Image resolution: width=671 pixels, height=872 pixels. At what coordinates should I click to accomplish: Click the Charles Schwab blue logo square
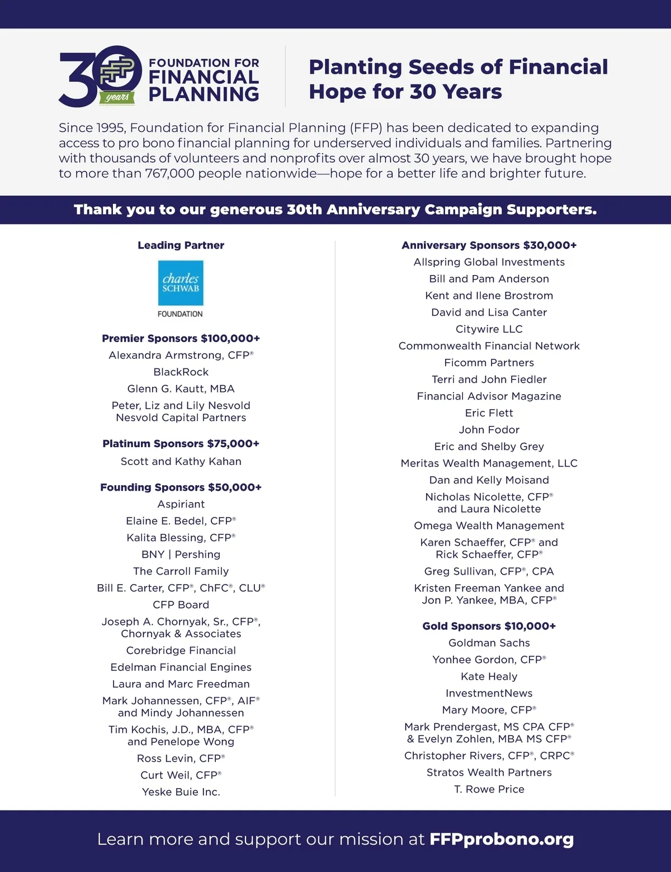[181, 283]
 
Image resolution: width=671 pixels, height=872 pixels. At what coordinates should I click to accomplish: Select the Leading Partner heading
[181, 245]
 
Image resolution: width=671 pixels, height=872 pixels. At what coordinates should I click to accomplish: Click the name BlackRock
[181, 372]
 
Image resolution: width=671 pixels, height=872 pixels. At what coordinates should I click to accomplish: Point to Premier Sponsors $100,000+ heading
[181, 339]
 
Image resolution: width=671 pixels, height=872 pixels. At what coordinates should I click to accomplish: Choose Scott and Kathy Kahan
[181, 462]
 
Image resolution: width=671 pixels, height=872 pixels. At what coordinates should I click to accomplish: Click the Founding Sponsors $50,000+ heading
[181, 487]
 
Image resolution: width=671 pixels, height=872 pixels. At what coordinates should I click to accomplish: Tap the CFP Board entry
[181, 605]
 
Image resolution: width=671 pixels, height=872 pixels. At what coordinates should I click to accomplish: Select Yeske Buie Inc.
[181, 792]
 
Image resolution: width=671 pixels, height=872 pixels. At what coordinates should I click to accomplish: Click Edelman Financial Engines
[181, 667]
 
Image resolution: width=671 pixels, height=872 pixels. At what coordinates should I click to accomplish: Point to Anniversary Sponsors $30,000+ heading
[489, 245]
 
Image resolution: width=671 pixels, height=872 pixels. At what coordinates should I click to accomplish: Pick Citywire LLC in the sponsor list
[489, 329]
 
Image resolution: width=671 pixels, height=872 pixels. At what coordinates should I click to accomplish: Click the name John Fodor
[489, 430]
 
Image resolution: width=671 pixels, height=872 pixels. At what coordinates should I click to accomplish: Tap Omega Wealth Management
[489, 526]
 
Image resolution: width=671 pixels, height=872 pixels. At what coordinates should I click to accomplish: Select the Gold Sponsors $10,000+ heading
[489, 626]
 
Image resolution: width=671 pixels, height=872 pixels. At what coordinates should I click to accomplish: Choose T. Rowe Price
[489, 789]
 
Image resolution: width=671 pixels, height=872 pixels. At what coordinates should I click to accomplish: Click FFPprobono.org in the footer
[501, 839]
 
